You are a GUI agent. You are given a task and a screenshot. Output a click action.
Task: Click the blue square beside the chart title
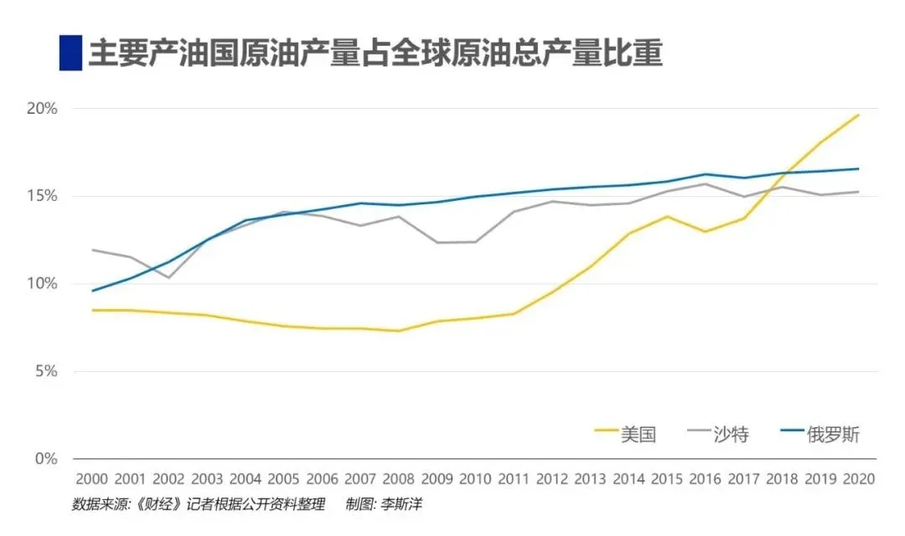click(x=70, y=53)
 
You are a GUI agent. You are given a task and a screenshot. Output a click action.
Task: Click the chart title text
click(x=375, y=53)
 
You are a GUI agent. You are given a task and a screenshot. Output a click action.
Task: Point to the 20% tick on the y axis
click(x=42, y=109)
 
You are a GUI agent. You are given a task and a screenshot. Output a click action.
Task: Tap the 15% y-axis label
click(x=42, y=196)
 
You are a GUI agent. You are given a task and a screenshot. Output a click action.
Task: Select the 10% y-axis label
click(x=42, y=283)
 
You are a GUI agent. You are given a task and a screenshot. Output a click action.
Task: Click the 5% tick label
click(x=45, y=371)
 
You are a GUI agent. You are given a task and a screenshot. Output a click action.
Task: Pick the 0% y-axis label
click(x=45, y=459)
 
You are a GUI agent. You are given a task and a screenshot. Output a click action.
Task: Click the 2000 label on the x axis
click(x=92, y=479)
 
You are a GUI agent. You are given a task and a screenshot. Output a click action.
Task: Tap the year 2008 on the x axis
click(x=398, y=479)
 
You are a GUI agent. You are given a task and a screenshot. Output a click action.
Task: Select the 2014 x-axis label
click(x=628, y=479)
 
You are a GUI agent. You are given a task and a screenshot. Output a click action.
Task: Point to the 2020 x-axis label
click(x=859, y=479)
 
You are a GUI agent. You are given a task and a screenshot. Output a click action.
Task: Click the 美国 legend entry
click(x=626, y=434)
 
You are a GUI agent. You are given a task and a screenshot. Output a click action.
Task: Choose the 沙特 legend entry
click(x=719, y=434)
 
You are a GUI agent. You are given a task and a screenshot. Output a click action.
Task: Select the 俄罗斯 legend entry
click(x=820, y=434)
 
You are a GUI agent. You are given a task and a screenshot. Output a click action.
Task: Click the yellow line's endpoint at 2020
click(x=859, y=115)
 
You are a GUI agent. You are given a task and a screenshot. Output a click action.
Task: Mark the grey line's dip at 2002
click(x=168, y=277)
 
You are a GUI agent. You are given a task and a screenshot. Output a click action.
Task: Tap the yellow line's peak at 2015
click(x=667, y=216)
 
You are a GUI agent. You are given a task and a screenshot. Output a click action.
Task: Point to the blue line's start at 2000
click(x=92, y=291)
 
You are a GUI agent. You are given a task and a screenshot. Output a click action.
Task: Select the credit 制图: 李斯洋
click(x=384, y=504)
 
